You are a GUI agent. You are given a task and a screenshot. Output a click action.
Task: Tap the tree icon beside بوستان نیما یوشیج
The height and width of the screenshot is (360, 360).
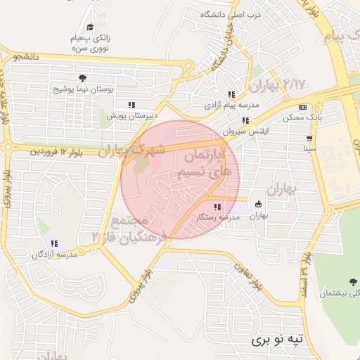pos(82,77)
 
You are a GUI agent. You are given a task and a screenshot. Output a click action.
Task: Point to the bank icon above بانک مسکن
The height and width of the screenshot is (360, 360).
pos(302,107)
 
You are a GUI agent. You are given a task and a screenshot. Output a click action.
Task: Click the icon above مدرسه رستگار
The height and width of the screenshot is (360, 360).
pos(217,207)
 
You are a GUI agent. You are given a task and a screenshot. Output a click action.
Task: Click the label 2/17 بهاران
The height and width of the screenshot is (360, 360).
pos(278,85)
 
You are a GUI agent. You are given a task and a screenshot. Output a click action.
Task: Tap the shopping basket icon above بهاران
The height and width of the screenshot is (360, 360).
pos(259,204)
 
